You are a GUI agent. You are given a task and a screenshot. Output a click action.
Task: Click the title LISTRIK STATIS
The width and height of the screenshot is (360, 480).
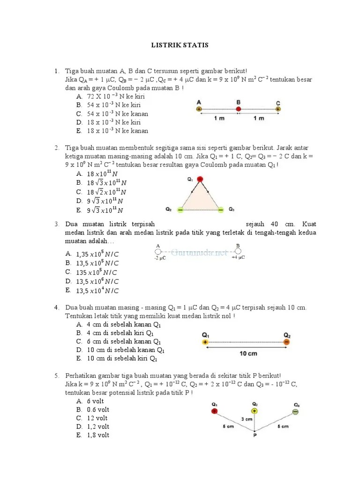pos(180,45)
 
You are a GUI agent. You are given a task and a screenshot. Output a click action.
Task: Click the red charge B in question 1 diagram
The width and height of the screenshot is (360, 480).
pos(238,109)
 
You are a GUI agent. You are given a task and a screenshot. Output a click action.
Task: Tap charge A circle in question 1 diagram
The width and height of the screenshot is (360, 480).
pos(199,109)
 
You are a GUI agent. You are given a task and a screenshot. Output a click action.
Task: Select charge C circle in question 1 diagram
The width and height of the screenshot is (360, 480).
pos(278,109)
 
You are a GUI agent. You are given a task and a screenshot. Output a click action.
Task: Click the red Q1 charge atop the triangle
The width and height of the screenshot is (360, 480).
pos(200,179)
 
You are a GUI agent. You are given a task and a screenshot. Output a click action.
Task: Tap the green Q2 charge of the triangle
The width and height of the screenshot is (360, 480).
pos(180,210)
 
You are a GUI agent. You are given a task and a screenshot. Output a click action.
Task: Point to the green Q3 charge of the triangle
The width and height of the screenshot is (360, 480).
pos(220,210)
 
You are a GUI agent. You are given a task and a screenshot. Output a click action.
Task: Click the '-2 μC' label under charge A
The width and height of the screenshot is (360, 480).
pos(160,258)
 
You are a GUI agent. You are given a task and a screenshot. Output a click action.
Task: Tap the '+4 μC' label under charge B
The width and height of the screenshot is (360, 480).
pos(238,257)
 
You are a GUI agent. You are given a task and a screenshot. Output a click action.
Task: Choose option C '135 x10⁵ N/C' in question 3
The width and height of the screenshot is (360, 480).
pos(97,272)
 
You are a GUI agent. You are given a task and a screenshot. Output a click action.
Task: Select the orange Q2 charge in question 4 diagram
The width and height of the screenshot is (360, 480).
pos(286,343)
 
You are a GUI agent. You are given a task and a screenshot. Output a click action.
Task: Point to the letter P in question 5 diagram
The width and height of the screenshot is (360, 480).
pos(255,435)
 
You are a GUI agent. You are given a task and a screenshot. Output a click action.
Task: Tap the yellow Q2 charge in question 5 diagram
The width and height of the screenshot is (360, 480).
pos(255,411)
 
